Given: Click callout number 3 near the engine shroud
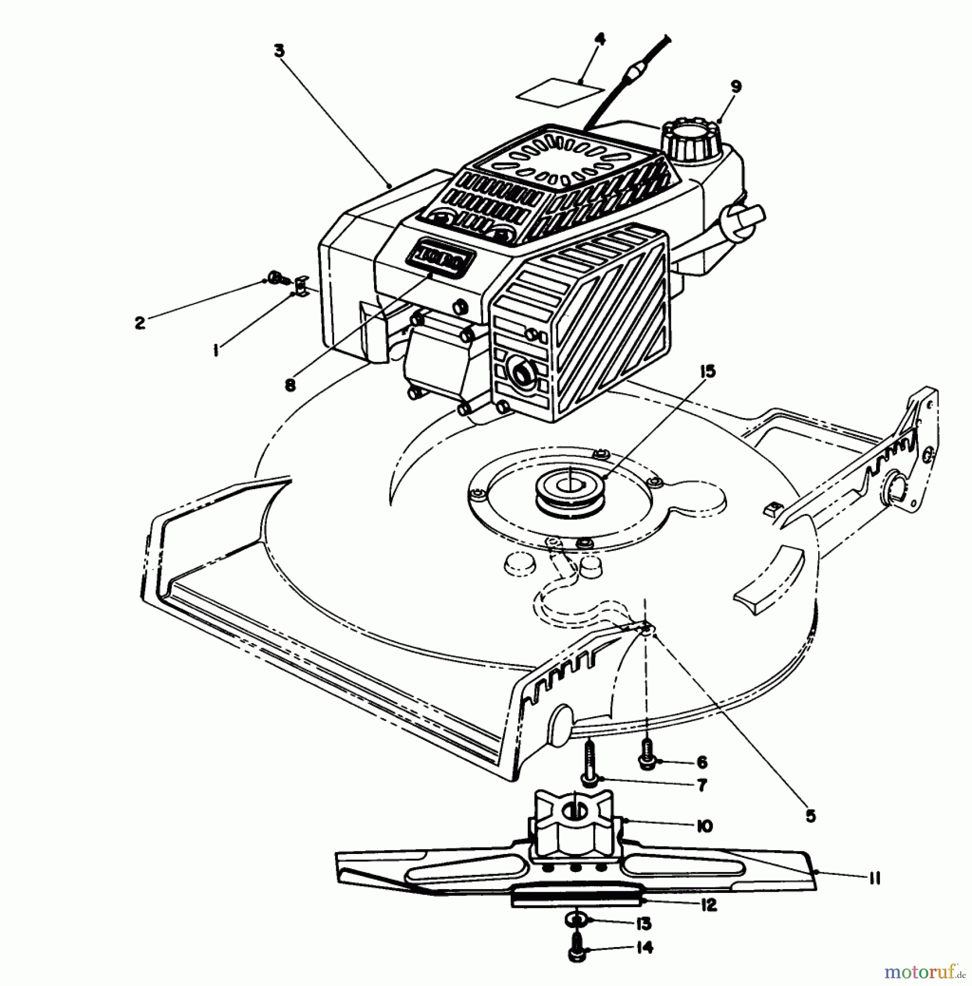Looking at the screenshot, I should point(279,51).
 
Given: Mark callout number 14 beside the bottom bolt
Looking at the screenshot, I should point(645,948).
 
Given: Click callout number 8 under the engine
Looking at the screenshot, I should point(290,385).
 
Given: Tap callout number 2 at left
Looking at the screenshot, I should point(140,323).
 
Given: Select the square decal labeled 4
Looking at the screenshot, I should point(560,95).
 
